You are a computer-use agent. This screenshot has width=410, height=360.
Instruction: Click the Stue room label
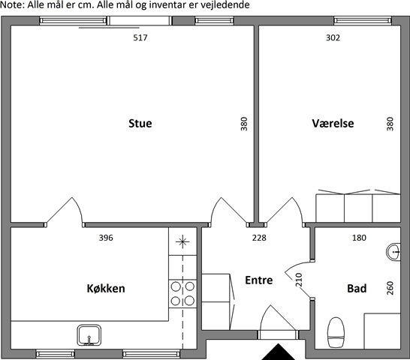pyautogui.click(x=140, y=123)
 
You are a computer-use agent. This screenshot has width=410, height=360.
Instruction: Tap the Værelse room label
pyautogui.click(x=333, y=123)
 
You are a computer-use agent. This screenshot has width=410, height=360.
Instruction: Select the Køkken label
pyautogui.click(x=106, y=289)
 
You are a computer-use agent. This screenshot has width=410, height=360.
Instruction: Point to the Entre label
pyautogui.click(x=259, y=280)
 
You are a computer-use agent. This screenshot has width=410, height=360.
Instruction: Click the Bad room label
pyautogui.click(x=357, y=289)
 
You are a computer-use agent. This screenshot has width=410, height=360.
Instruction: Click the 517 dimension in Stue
pyautogui.click(x=140, y=37)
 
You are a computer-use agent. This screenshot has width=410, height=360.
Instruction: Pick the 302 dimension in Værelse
pyautogui.click(x=333, y=37)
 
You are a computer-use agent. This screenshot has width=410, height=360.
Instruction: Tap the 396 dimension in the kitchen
pyautogui.click(x=106, y=238)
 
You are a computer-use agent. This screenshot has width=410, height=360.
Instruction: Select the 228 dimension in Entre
pyautogui.click(x=259, y=238)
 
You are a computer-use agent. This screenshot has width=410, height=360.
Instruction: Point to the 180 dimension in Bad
pyautogui.click(x=359, y=238)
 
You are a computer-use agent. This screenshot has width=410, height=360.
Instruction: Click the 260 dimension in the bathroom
pyautogui.click(x=390, y=288)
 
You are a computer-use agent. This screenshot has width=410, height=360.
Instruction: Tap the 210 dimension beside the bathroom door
pyautogui.click(x=299, y=280)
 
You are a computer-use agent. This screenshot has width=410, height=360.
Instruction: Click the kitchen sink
pyautogui.click(x=89, y=335)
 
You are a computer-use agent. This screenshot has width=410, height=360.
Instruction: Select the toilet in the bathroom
pyautogui.click(x=336, y=332)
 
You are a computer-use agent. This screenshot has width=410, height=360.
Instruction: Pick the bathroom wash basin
pyautogui.click(x=393, y=252)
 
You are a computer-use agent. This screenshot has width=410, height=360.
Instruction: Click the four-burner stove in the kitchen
pyautogui.click(x=182, y=294)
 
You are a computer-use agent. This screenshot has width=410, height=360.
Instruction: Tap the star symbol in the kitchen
pyautogui.click(x=182, y=241)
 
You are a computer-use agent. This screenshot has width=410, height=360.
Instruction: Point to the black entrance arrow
pyautogui.click(x=279, y=352)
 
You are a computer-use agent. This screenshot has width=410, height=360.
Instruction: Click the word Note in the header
pyautogui.click(x=11, y=4)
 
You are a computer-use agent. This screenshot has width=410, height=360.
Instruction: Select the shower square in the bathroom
pyautogui.click(x=382, y=331)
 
